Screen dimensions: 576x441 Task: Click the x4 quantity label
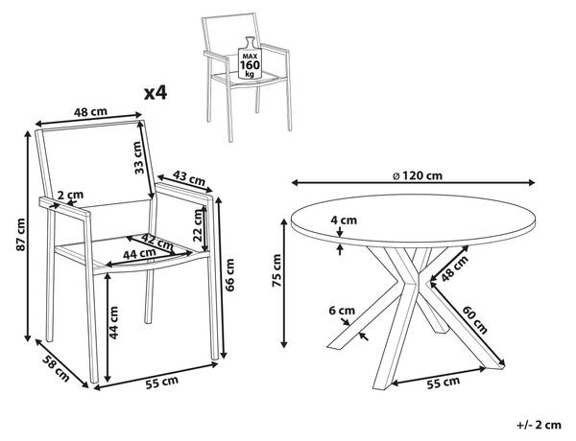(156, 93)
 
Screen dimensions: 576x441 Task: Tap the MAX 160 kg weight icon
(250, 58)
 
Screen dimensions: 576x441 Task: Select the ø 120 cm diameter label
(418, 175)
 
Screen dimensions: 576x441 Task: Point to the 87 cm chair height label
(21, 235)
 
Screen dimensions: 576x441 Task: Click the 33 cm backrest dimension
(137, 157)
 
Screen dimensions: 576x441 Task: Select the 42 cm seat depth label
(157, 241)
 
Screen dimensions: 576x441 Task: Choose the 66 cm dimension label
(229, 275)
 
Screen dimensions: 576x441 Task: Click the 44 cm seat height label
(113, 323)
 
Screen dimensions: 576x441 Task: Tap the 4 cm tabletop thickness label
(344, 220)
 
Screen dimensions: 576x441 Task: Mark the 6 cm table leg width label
(342, 311)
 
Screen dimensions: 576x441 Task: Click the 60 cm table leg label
(474, 319)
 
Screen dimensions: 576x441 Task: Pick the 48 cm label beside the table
(455, 268)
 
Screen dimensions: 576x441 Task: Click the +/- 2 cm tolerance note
(539, 425)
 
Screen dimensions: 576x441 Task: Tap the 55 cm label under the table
(443, 383)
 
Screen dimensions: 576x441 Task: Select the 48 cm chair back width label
(90, 111)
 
